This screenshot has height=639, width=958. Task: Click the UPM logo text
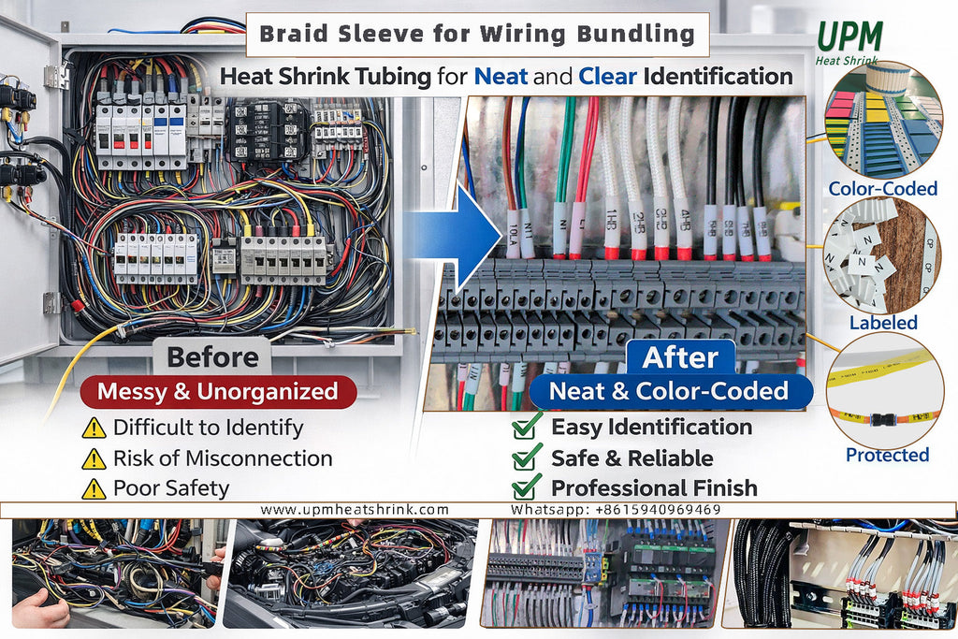coord(849,35)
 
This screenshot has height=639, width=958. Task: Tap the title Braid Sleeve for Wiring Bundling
coord(476,36)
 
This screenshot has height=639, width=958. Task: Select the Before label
coord(212,357)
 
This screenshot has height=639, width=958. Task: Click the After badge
coord(680,357)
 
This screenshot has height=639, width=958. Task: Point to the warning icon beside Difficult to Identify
coord(94,428)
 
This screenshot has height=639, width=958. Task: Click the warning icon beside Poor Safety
coord(94,488)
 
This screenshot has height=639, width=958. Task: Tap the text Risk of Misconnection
coord(223,458)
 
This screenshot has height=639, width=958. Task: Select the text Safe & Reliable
coord(631,458)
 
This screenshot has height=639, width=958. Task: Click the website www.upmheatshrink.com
coord(355,510)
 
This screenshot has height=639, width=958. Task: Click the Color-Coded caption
coord(882,189)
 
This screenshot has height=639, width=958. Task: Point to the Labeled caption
coord(883,323)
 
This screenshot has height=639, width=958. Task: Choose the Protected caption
coord(887,456)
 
